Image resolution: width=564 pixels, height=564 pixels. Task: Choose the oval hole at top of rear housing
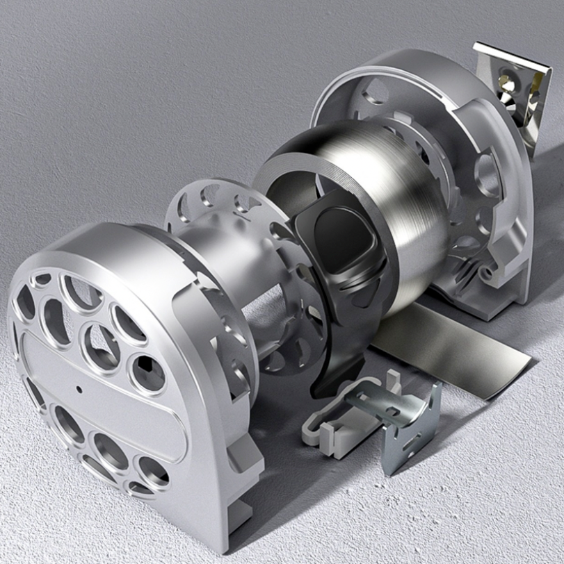pos(376,91)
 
